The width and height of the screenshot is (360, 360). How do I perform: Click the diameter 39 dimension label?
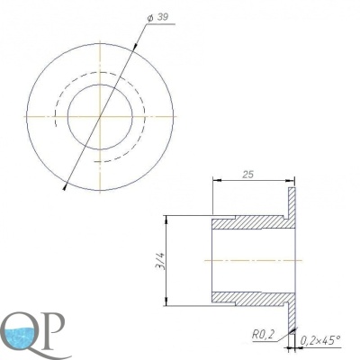click(157, 17)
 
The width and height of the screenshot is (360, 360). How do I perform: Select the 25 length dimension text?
click(248, 175)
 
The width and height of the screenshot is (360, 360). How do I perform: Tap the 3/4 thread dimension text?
click(162, 261)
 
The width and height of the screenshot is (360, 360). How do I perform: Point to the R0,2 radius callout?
click(262, 335)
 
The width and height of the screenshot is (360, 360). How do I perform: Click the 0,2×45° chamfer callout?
click(320, 340)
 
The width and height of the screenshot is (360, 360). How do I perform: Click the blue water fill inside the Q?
click(21, 336)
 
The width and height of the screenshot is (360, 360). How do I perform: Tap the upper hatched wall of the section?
click(252, 222)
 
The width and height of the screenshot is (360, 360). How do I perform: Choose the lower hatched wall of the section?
click(252, 298)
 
